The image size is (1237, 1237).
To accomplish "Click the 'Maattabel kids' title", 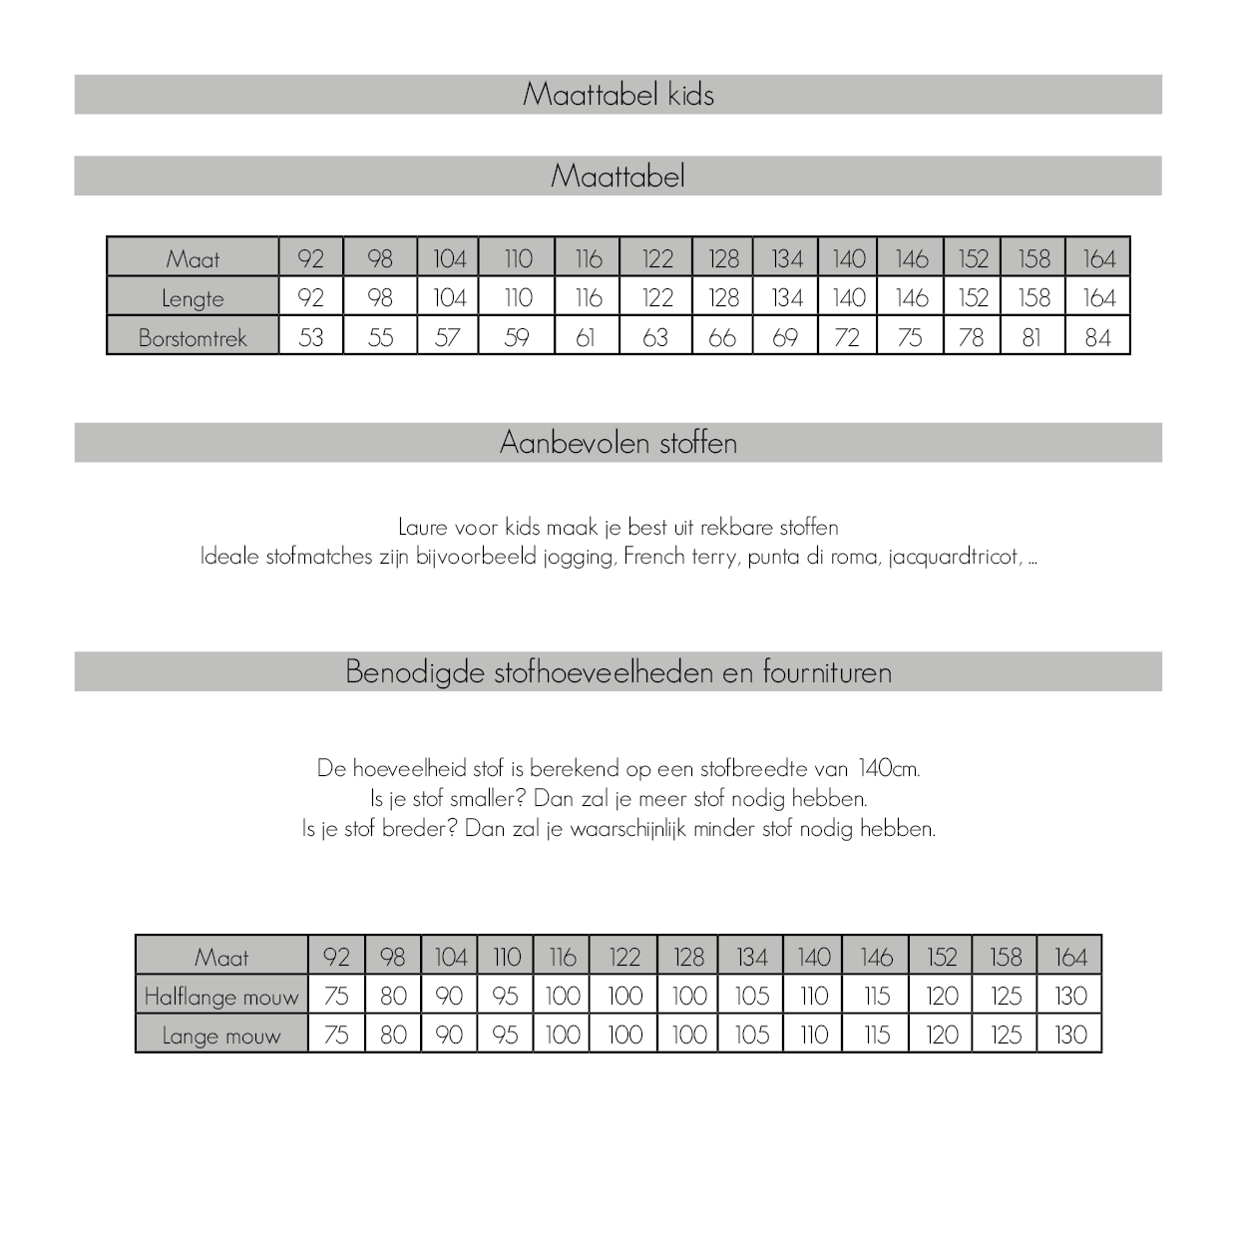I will (618, 95).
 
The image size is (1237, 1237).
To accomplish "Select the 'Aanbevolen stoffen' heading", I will (618, 443).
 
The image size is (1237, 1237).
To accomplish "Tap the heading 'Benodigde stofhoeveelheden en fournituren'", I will (618, 672).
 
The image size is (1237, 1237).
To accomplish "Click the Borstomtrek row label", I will (193, 337).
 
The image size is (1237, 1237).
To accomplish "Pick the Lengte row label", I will (193, 298).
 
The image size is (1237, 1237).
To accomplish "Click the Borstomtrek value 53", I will (311, 337).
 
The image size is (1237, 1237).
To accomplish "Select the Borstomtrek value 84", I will (1097, 337).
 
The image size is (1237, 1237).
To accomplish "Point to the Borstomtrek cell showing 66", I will (722, 337).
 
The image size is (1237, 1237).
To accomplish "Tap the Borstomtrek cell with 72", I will (847, 337).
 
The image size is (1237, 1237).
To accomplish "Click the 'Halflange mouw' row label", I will (221, 997).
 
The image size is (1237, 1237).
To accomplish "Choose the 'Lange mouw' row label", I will (221, 1035).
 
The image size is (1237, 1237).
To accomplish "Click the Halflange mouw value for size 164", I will (1070, 997).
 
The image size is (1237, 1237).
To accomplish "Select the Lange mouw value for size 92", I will (336, 1035).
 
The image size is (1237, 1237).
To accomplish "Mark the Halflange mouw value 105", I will (752, 997).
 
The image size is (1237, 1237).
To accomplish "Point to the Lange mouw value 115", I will (876, 1035).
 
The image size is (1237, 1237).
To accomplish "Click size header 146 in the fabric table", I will (876, 958).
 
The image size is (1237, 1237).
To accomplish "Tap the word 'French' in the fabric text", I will (655, 557).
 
